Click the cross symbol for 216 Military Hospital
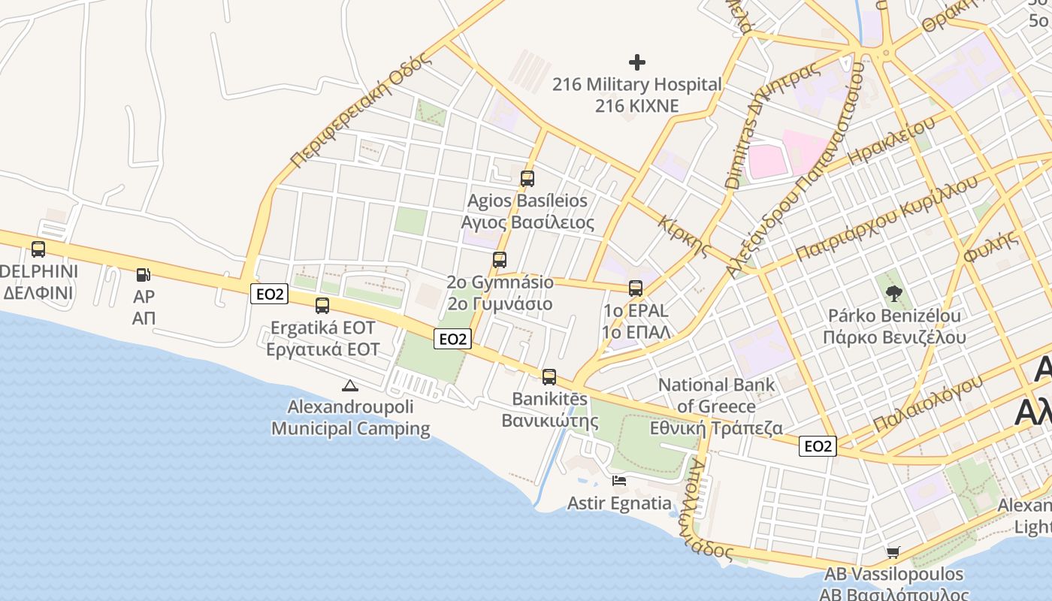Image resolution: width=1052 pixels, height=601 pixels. pos(637,62)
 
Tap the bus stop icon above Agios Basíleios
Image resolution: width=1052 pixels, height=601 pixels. pos(528,179)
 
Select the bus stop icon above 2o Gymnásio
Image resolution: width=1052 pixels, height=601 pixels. pos(500,260)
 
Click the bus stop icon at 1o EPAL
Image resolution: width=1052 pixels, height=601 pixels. pos(636,288)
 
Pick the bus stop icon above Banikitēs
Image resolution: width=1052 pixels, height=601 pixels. pos(549,377)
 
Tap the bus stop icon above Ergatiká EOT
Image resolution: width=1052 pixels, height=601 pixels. pos(322,306)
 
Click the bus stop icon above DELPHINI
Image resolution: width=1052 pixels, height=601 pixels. pos(38,249)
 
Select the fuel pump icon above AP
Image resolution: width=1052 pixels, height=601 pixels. pos(144,275)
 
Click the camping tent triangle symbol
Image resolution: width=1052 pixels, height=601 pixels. pos(349,386)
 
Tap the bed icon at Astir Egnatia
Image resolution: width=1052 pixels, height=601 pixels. pos(619,481)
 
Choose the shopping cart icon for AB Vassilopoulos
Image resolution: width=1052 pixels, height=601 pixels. pos(893,553)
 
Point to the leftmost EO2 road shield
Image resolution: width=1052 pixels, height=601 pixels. pos(269,294)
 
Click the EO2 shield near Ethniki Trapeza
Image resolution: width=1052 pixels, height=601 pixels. pos(818,446)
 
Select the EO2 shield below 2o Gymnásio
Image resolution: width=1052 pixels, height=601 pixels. pos(452,339)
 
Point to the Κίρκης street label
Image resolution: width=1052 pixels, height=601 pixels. pos(684,235)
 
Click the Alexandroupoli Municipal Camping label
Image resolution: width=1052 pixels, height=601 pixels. pos(350,418)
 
